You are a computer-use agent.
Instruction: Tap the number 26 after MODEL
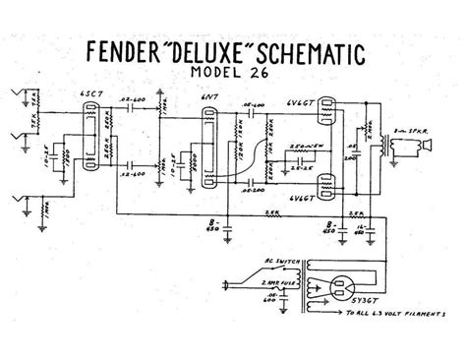[278, 75]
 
